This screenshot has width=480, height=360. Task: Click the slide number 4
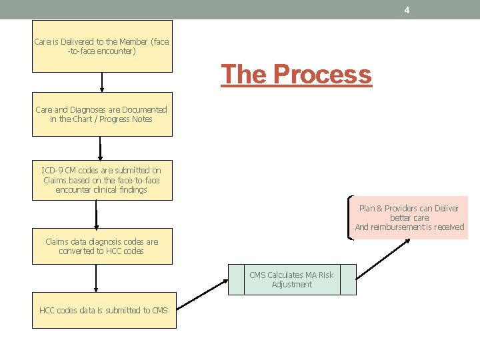[407, 10]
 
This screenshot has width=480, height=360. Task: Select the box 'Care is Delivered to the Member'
[102, 45]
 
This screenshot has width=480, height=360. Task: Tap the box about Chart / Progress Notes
[102, 114]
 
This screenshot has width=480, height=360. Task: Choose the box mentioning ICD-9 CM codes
[102, 180]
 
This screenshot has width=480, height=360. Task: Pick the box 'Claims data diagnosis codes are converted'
[102, 246]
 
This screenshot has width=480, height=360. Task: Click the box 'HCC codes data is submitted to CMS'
[104, 310]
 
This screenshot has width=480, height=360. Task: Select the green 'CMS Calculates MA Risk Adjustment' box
[292, 279]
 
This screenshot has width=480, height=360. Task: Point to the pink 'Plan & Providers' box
[409, 217]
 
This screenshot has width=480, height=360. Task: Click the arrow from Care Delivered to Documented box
[102, 82]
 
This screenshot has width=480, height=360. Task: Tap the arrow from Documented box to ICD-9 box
[101, 148]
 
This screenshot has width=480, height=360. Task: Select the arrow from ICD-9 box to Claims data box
[97, 214]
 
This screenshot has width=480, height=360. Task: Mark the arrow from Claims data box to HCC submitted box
[97, 277]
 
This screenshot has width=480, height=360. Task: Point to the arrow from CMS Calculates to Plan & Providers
[383, 257]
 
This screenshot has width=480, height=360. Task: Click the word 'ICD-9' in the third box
[53, 171]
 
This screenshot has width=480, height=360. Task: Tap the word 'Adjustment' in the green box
[292, 285]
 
